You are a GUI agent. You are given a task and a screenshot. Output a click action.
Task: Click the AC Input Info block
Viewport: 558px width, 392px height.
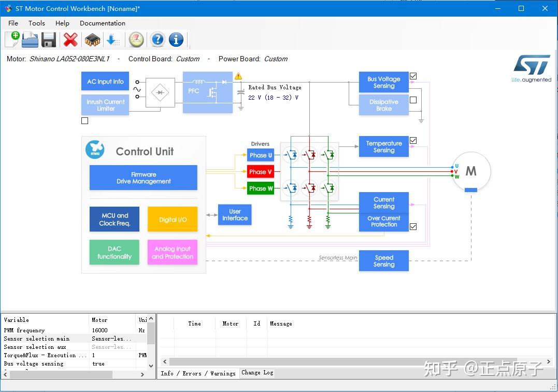point(105,82)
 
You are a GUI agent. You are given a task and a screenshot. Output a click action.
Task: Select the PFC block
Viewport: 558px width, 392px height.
point(207,92)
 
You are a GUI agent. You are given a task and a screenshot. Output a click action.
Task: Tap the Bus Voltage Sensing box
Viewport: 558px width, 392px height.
point(383,82)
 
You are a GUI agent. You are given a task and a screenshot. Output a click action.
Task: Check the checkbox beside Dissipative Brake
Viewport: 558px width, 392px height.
point(413,100)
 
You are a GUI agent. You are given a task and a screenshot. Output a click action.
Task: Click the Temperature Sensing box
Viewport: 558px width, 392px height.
point(383,147)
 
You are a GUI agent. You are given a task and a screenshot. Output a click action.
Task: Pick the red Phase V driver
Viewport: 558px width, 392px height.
point(260,172)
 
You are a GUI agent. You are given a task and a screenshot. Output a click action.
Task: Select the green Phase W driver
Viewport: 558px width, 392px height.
point(260,188)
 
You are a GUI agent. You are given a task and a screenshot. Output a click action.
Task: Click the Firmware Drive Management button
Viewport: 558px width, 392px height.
point(144,178)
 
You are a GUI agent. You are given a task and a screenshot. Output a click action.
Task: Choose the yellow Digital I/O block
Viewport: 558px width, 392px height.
point(173,219)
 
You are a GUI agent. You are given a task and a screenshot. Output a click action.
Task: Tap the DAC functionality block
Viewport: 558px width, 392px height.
point(115,252)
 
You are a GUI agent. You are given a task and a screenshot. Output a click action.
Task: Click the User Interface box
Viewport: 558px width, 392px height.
point(235,214)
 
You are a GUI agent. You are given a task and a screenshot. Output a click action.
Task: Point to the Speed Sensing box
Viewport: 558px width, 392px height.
point(383,261)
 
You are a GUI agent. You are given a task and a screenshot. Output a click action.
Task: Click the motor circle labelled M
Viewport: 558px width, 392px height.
point(470,171)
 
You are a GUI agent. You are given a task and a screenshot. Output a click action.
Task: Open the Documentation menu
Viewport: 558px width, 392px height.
point(102,23)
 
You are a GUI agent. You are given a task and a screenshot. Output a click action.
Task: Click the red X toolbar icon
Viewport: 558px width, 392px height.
point(70,39)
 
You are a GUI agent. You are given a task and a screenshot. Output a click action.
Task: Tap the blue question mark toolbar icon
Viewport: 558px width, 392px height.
point(158,39)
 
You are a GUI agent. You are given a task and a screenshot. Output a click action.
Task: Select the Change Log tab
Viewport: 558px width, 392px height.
point(257,372)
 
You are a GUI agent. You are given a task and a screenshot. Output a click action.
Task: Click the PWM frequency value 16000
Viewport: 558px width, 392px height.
point(100,330)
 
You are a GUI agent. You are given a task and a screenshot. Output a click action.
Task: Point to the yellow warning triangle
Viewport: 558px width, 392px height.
point(238,76)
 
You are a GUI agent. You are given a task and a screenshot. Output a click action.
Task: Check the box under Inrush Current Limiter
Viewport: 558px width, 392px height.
point(85,120)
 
